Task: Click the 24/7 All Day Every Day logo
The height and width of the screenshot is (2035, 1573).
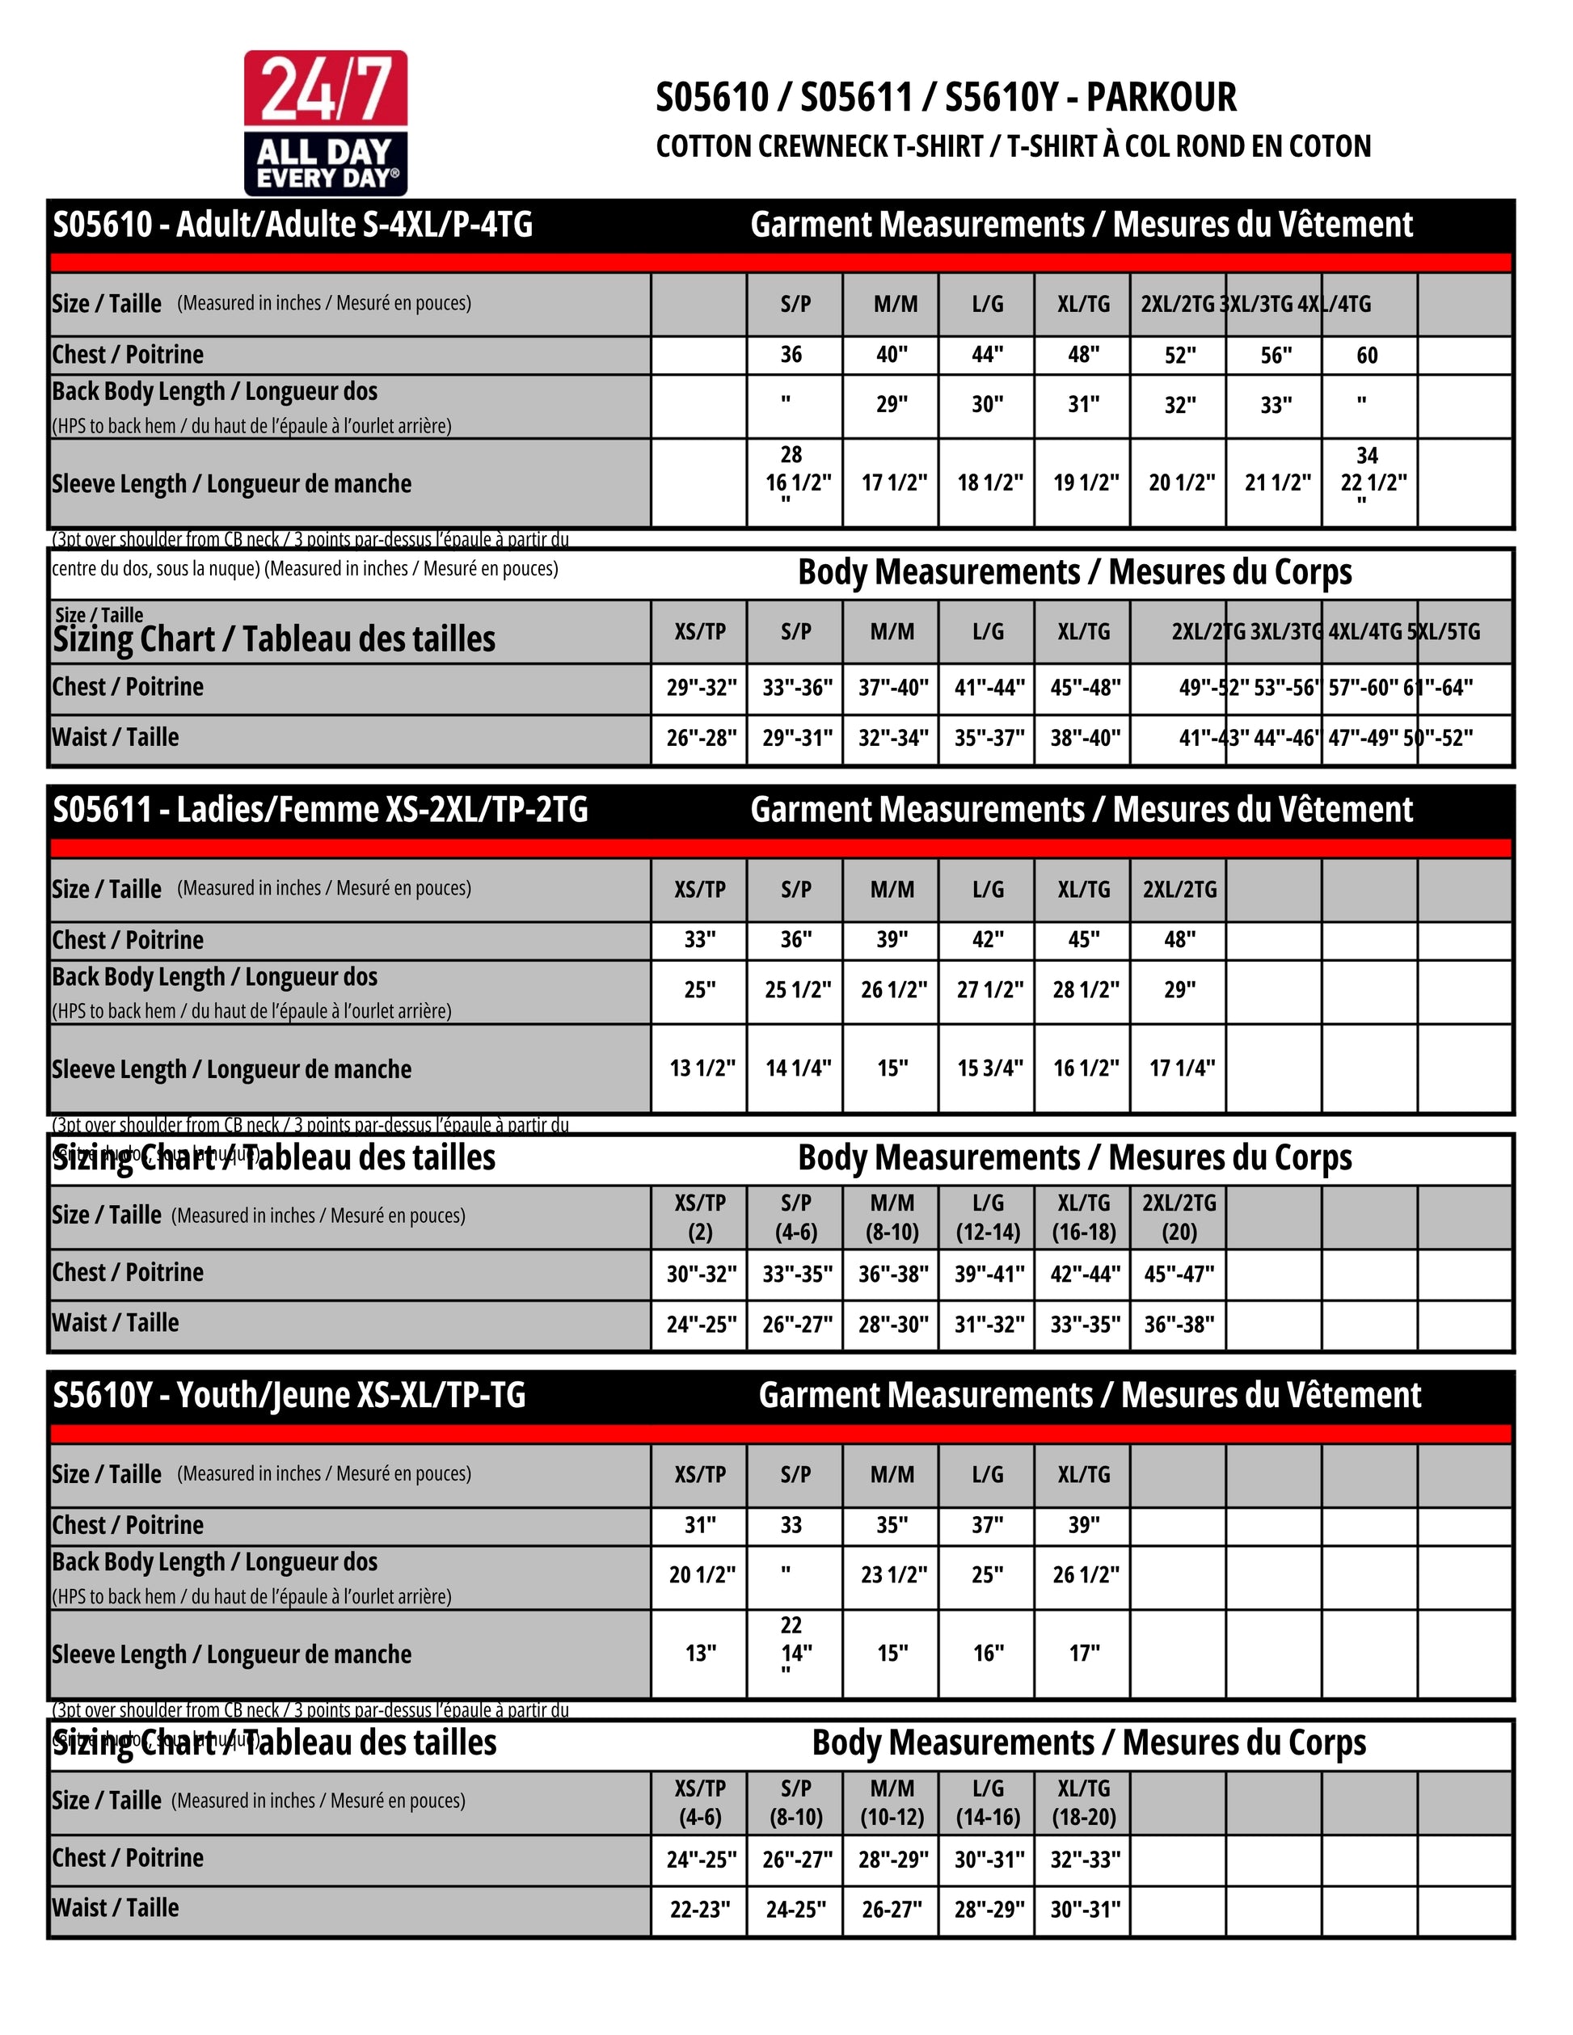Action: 325,123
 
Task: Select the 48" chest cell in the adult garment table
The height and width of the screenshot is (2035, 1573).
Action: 1083,355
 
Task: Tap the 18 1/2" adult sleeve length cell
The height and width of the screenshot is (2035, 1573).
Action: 988,482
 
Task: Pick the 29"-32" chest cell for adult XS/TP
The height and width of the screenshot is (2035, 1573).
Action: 700,689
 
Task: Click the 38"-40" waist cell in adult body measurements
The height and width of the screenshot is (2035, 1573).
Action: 1084,739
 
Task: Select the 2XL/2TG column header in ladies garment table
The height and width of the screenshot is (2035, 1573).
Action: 1179,890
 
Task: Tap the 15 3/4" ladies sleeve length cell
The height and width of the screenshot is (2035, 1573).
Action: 989,1068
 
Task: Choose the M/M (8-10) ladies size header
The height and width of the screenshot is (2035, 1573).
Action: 892,1218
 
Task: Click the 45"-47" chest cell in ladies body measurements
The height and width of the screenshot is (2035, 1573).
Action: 1179,1274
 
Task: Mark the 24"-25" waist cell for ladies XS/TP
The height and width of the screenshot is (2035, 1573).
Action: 700,1324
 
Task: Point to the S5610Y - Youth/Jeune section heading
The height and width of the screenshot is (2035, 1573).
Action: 289,1395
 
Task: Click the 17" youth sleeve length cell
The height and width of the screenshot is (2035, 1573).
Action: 1084,1654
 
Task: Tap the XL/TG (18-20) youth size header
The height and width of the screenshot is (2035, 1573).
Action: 1084,1803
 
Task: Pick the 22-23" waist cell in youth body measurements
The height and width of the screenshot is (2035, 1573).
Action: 700,1909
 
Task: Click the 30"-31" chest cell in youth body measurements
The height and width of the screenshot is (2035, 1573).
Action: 989,1859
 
